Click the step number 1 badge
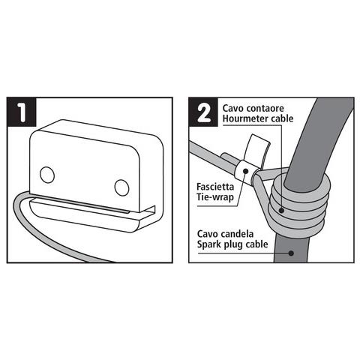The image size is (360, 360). coord(22,112)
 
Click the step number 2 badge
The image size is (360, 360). coord(203,112)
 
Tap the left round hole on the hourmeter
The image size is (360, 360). coord(47,174)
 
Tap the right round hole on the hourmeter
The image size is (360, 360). coord(121,187)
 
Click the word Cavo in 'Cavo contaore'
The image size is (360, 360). coord(233,108)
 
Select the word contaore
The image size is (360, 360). coord(265,109)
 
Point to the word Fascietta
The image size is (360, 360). coord(215,187)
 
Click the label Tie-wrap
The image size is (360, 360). coord(215,197)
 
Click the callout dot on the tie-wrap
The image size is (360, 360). coord(245,171)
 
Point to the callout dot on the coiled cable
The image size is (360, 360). coord(282,210)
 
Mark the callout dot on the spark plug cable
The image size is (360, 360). coord(291,253)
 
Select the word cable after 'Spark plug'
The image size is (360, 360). coord(257,244)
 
